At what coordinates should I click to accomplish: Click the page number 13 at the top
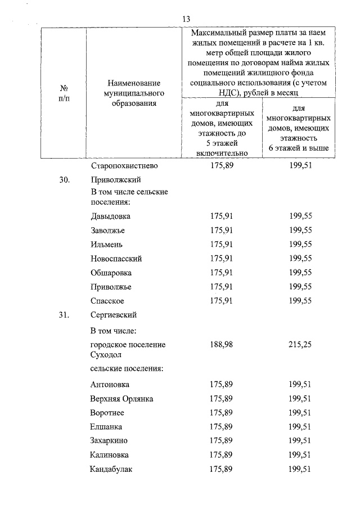187,19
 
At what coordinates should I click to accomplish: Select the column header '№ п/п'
64,94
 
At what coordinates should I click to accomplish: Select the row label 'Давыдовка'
110,216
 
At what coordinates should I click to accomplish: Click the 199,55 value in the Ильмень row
300,245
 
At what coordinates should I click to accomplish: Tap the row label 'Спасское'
107,301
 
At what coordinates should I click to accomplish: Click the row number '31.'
65,315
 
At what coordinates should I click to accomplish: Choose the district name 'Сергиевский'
113,315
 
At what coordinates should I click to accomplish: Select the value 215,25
300,344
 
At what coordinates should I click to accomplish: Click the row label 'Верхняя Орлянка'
121,399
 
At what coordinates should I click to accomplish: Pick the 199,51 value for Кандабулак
300,469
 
